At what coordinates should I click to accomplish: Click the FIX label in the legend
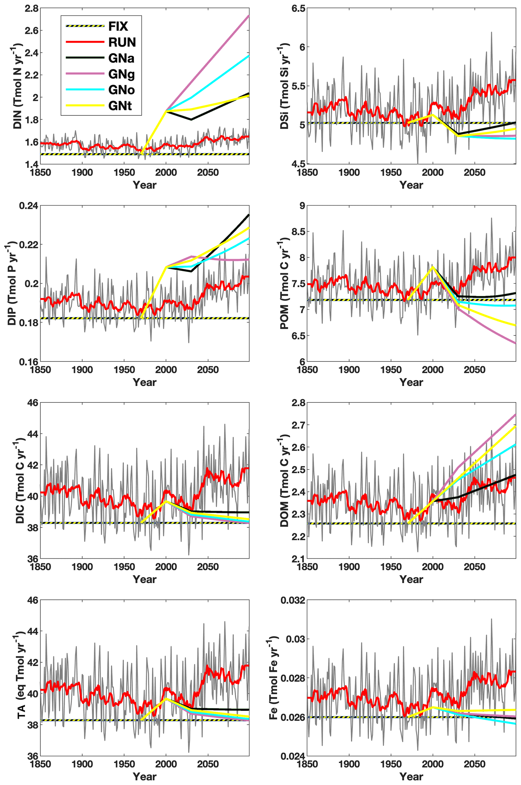tap(118, 26)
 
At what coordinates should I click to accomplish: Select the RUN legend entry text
tap(122, 42)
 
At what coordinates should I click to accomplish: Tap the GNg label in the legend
tap(121, 74)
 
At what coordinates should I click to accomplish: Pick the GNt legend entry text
tap(120, 106)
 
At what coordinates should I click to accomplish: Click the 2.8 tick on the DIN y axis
tap(31, 8)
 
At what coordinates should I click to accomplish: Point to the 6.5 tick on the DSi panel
tap(298, 8)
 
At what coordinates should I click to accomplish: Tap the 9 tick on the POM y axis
tap(302, 206)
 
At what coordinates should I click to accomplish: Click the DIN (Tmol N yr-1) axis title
tap(17, 86)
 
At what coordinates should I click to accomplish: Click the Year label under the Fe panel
tap(411, 777)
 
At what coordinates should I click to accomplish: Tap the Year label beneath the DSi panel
tap(411, 185)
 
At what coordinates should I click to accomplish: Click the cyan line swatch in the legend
tap(85, 90)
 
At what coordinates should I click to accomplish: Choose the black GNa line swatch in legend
tap(85, 58)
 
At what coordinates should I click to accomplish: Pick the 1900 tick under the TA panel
tap(82, 764)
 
